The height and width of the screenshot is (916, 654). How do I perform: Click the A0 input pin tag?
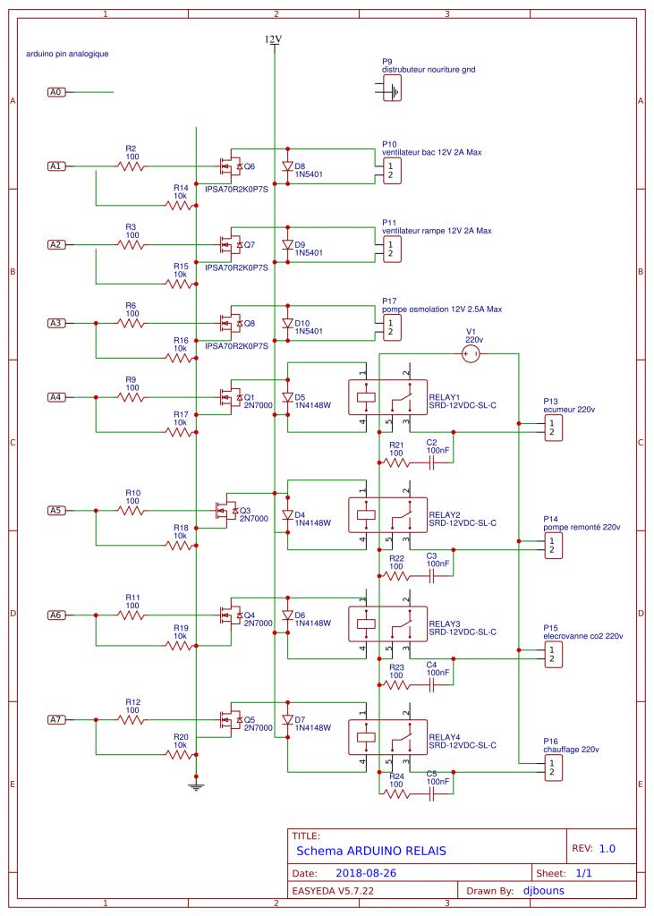tap(56, 91)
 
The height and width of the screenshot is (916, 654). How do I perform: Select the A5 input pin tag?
tap(56, 510)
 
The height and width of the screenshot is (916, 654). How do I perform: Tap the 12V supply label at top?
tap(273, 39)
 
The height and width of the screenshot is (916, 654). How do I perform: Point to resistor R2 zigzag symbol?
tap(132, 165)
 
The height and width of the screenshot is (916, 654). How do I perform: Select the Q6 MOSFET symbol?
tap(229, 166)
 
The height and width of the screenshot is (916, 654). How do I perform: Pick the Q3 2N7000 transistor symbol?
tap(224, 511)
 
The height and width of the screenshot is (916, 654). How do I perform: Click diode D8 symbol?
tap(287, 166)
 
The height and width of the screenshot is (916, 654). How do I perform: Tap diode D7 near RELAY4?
tap(287, 720)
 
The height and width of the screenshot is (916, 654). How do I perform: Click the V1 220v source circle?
tap(470, 354)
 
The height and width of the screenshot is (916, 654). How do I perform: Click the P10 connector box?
tap(392, 172)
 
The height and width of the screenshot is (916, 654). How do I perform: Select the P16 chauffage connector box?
tap(553, 767)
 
